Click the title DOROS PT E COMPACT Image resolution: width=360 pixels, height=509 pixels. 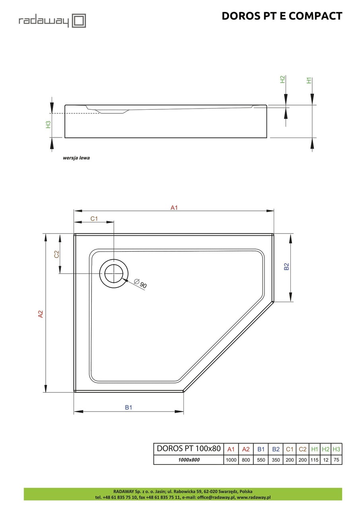(x=282, y=16)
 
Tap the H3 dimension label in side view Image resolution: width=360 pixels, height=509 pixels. (x=48, y=124)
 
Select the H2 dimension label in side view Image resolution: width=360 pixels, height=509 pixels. (x=283, y=79)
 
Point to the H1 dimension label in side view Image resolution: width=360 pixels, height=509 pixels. (x=309, y=80)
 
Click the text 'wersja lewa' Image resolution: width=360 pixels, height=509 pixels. (x=76, y=158)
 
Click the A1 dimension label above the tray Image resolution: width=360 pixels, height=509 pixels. (x=174, y=207)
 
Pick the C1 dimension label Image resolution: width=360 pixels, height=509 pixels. (x=94, y=218)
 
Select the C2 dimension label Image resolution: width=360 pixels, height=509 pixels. (x=57, y=254)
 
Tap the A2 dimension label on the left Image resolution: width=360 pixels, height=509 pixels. (x=40, y=314)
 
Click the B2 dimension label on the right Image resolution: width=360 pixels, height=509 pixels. (x=286, y=267)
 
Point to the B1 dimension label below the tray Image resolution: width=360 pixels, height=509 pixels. (x=128, y=407)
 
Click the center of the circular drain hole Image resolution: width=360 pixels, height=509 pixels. (x=114, y=274)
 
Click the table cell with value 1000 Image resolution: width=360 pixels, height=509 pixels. (x=231, y=460)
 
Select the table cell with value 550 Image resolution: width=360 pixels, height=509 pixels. (x=261, y=460)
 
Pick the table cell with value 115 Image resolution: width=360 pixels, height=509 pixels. (x=314, y=460)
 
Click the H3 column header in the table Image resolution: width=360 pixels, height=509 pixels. (x=336, y=449)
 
